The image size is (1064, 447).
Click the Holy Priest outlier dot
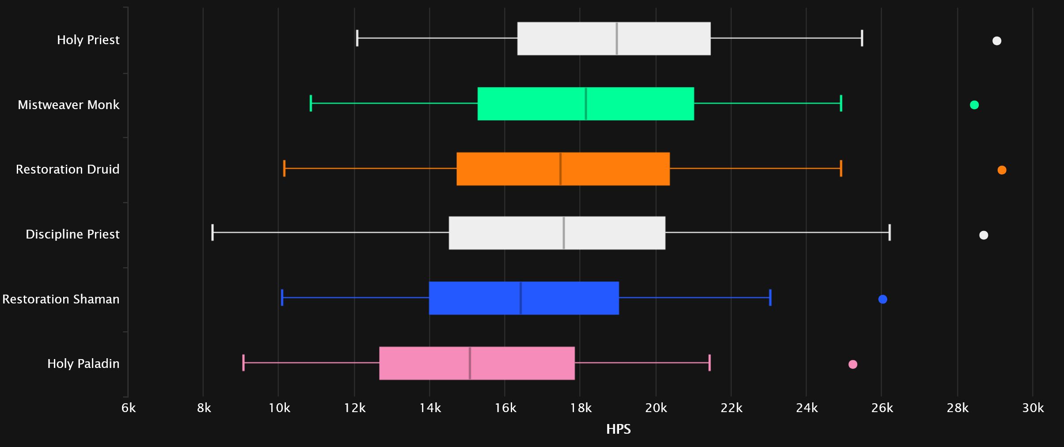pos(996,41)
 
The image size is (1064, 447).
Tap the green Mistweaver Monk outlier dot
pos(974,105)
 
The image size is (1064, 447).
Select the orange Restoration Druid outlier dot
pos(1002,170)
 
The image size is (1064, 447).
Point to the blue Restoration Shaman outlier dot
pos(882,299)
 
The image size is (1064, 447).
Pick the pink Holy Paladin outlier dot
pos(853,364)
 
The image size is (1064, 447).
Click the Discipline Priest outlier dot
pos(983,235)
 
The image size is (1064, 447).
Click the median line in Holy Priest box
pos(616,38)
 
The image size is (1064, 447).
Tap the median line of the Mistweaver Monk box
pos(585,104)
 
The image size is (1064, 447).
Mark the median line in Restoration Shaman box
pos(521,298)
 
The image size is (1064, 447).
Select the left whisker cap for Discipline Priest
pos(213,232)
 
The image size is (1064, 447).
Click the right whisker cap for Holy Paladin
pos(709,363)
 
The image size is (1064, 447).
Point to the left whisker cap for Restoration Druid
pos(284,168)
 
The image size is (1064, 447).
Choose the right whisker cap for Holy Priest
pos(862,38)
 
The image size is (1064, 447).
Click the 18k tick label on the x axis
pos(581,408)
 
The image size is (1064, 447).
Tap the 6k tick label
pos(129,408)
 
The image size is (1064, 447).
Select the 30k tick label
pos(1033,408)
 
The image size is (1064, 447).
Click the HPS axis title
pos(618,429)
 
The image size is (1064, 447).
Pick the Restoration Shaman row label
pos(61,299)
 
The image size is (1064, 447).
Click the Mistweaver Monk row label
pos(68,105)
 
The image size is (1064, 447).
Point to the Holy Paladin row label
pos(83,364)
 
